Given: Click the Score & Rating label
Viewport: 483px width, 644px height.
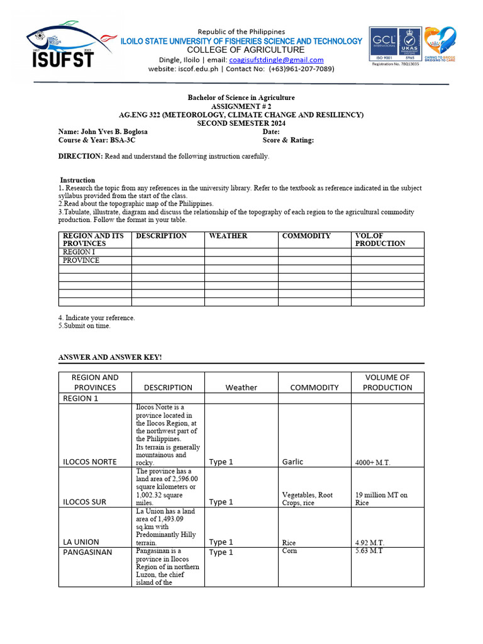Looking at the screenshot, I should (288, 140).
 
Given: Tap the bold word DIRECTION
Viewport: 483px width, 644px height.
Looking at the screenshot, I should (80, 156).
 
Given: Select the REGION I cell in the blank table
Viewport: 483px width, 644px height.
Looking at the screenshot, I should (79, 252).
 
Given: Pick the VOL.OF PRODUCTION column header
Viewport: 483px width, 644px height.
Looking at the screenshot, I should (380, 240).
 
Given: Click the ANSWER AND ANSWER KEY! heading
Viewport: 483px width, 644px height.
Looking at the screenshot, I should (110, 357).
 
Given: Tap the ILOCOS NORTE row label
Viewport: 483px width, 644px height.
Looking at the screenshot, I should (89, 462).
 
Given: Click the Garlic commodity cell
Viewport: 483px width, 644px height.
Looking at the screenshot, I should (292, 462).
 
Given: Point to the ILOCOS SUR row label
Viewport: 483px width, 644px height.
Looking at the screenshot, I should (85, 502).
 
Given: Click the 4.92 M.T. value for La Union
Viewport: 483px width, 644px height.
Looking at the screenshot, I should (370, 543).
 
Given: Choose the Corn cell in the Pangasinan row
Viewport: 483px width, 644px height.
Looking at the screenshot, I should (290, 551).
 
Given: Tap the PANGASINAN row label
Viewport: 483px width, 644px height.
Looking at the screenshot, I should (87, 552).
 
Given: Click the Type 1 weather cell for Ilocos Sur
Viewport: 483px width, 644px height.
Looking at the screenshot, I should (221, 502).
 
